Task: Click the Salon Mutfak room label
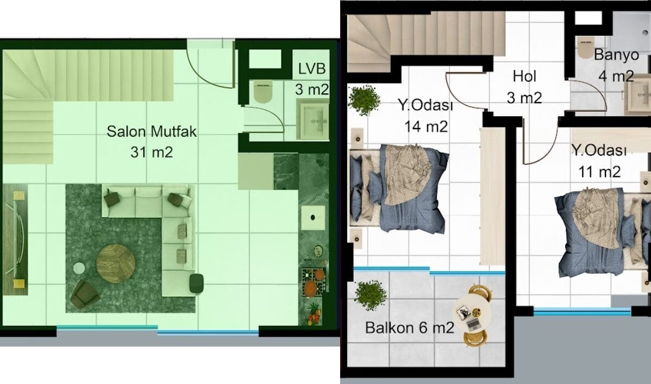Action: coord(151,131)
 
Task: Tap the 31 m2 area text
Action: coord(151,152)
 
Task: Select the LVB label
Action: coord(312,69)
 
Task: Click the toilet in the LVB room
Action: coord(263,92)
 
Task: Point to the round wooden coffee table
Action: coord(116,264)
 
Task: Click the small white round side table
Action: coord(79,268)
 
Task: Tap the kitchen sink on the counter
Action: coord(312,217)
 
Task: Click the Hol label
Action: coord(525,76)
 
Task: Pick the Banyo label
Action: coord(616,55)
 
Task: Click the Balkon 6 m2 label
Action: coord(410,328)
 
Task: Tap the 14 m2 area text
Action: coord(426,126)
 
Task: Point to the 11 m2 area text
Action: coord(599,172)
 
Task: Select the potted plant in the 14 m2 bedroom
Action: coord(364,100)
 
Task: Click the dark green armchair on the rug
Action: coord(85,294)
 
